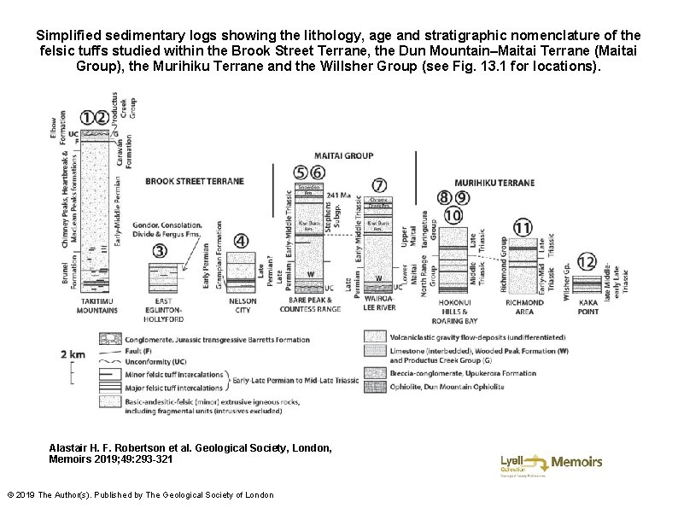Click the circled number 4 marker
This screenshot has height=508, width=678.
click(242, 242)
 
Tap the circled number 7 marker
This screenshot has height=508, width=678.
click(379, 184)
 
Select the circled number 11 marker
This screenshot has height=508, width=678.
click(522, 227)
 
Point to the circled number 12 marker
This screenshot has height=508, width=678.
click(586, 261)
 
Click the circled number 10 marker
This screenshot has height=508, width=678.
click(453, 215)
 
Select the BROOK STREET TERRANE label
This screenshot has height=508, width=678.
click(195, 181)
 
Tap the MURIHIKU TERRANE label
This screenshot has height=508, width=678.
click(494, 183)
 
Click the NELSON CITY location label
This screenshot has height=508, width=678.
click(243, 306)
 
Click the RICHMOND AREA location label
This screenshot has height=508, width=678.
click(523, 306)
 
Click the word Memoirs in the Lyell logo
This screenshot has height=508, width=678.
click(576, 462)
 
